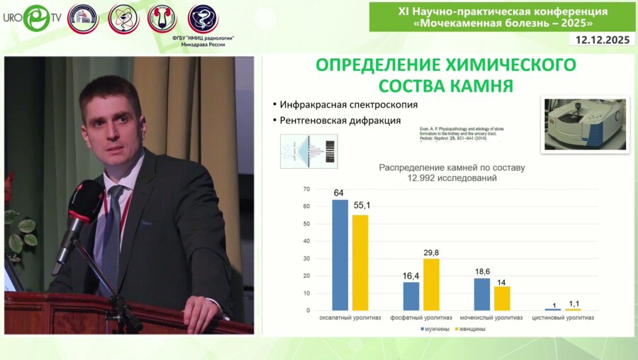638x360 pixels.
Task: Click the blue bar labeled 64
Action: pyautogui.click(x=340, y=255)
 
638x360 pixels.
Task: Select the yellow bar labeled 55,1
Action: pyautogui.click(x=360, y=262)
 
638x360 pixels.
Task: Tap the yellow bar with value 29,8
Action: pyautogui.click(x=431, y=284)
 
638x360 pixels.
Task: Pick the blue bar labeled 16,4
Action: pyautogui.click(x=411, y=296)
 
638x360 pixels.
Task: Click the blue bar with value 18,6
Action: pyautogui.click(x=482, y=294)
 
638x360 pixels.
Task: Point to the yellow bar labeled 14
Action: pyautogui.click(x=502, y=298)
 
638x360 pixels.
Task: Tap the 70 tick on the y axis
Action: pyautogui.click(x=306, y=189)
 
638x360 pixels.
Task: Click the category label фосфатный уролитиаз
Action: pyautogui.click(x=421, y=317)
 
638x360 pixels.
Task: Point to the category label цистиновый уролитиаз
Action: pyautogui.click(x=564, y=317)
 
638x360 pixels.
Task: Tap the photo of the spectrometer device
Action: pyautogui.click(x=586, y=124)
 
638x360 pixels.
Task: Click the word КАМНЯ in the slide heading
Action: pyautogui.click(x=482, y=87)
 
